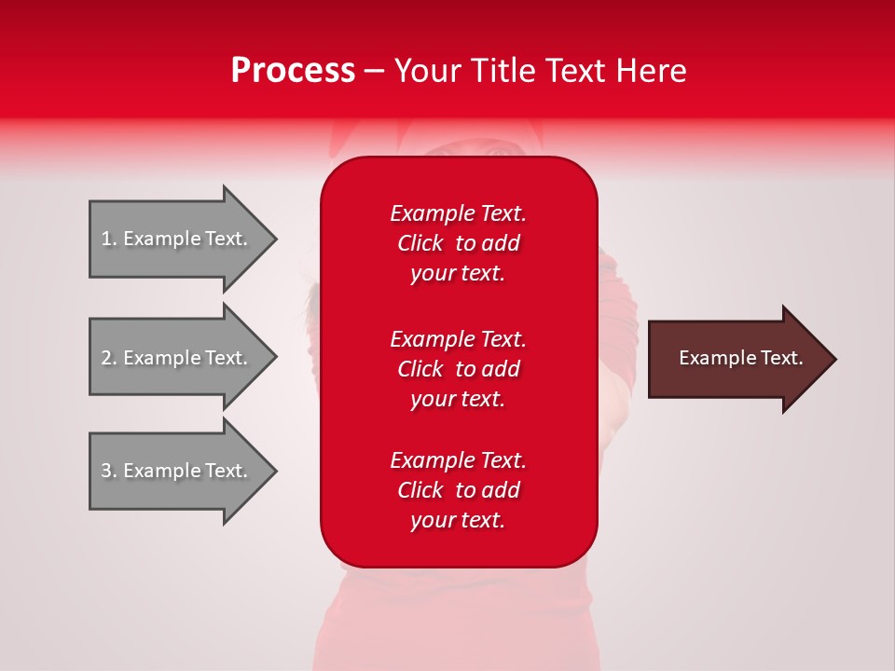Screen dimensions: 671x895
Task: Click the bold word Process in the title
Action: [293, 71]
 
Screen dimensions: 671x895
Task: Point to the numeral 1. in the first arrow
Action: [109, 239]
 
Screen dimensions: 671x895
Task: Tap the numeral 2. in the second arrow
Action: [109, 358]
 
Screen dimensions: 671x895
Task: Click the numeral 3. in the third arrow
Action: [109, 471]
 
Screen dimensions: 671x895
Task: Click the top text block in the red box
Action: [458, 243]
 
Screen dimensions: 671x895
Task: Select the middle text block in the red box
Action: [458, 369]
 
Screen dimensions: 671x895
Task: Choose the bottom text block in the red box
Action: [458, 490]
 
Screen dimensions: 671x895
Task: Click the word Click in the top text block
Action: [420, 243]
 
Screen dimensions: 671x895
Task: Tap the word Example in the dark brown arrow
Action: [714, 358]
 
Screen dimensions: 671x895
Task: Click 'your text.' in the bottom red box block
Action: [458, 520]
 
